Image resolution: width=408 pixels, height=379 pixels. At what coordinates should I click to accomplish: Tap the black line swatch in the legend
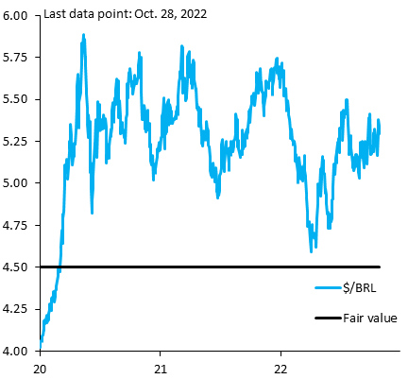(x=327, y=319)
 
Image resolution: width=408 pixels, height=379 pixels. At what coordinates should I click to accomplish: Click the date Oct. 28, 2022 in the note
(x=167, y=16)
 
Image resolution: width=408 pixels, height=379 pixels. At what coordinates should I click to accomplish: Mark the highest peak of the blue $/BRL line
(x=84, y=35)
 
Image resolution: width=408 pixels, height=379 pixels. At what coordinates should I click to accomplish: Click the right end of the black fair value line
(x=379, y=267)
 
